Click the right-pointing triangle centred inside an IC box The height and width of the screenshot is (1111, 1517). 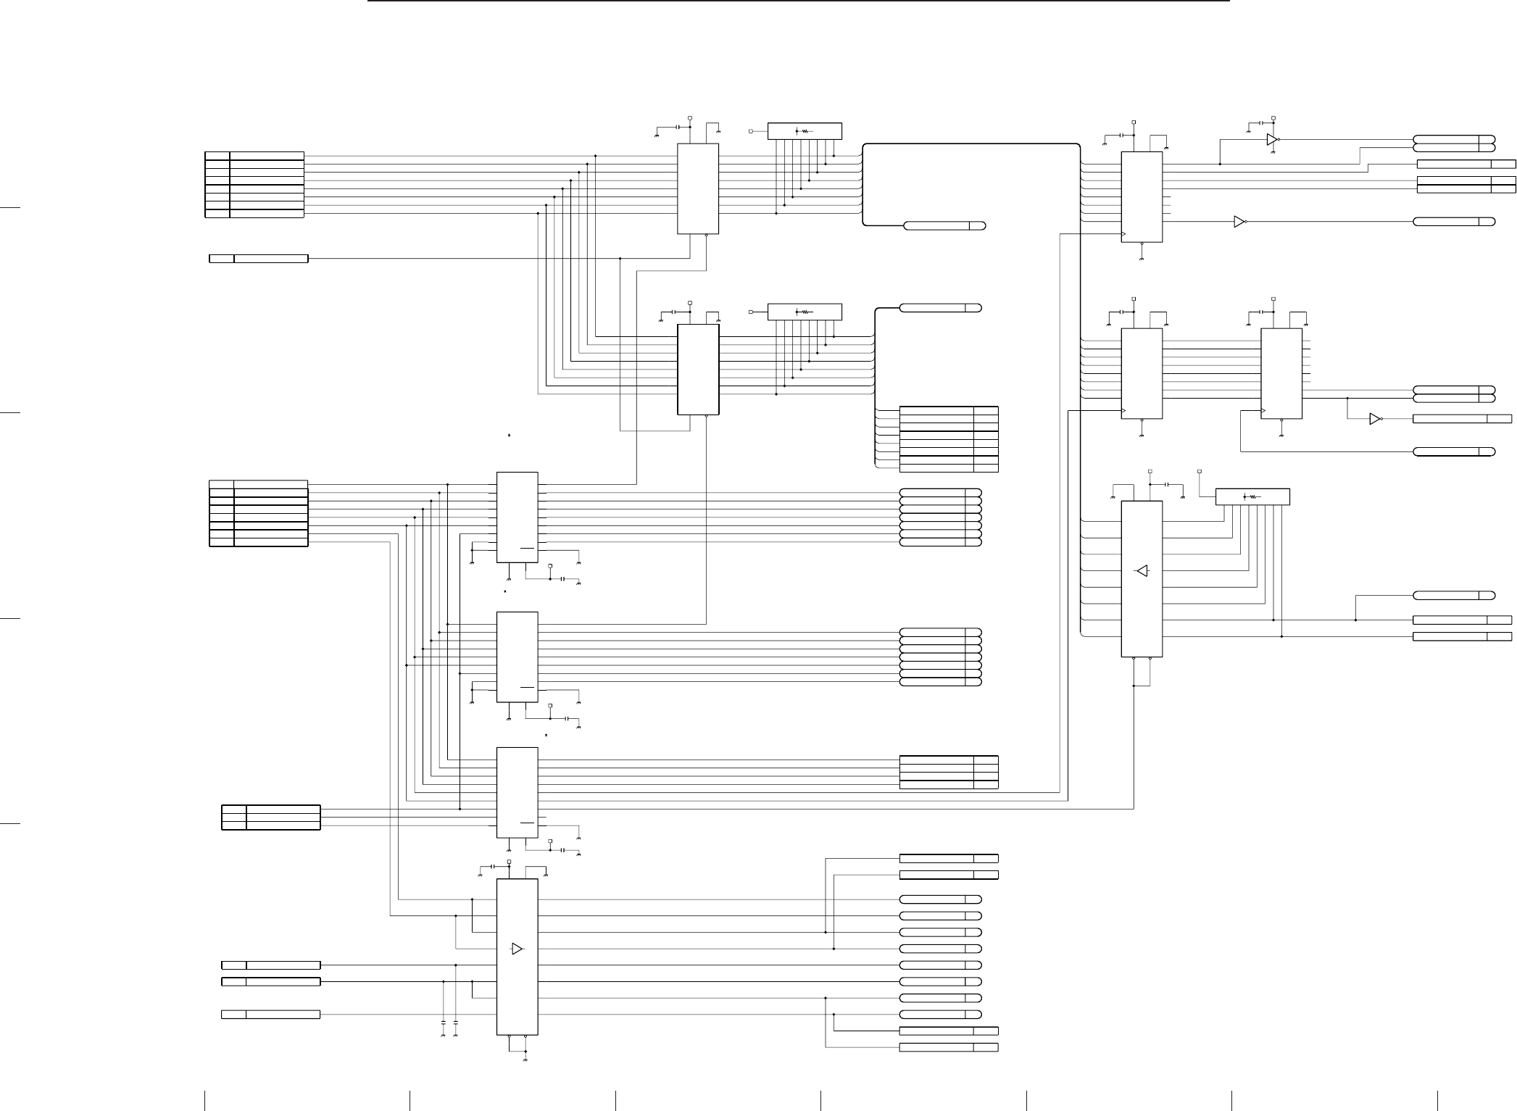[x=517, y=949]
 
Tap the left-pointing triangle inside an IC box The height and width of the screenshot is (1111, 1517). [x=1142, y=571]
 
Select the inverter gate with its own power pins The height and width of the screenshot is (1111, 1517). [x=1272, y=139]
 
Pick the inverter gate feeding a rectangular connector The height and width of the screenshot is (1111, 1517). [x=1374, y=419]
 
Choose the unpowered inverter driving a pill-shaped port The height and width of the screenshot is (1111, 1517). [x=1239, y=221]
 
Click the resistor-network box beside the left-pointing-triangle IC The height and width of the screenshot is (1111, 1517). [x=1252, y=496]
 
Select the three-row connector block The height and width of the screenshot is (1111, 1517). [x=270, y=817]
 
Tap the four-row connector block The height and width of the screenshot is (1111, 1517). [x=948, y=772]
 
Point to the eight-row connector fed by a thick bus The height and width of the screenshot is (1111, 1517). [x=948, y=439]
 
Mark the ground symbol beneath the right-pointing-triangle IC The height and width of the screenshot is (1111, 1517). [x=524, y=1059]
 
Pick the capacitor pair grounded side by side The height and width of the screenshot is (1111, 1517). [x=449, y=1028]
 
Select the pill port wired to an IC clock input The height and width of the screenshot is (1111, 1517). [x=1453, y=452]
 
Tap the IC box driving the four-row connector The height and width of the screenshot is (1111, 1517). [x=517, y=792]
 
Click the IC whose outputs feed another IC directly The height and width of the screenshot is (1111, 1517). [x=1142, y=373]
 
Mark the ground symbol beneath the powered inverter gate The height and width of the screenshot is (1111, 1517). [x=1272, y=154]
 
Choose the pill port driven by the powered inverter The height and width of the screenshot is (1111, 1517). [x=1453, y=139]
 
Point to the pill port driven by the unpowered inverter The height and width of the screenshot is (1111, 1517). [x=1453, y=221]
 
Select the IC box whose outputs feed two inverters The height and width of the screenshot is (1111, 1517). [x=1142, y=196]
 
